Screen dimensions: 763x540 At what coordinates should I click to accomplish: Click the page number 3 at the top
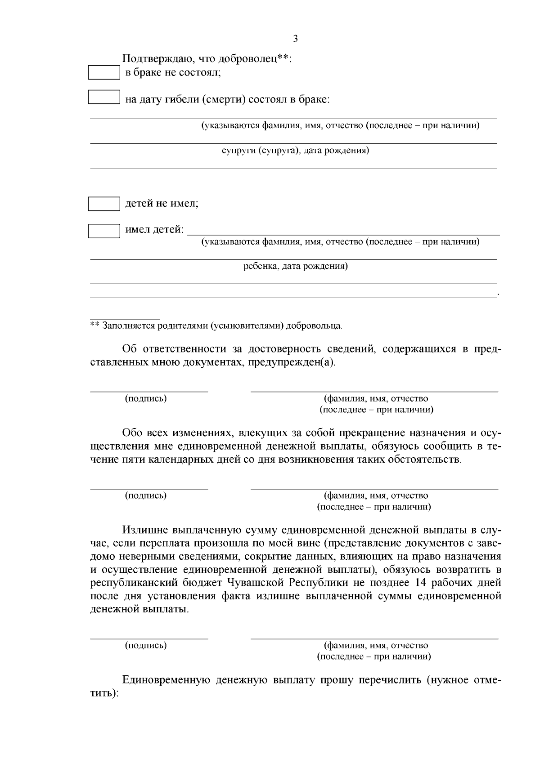295,39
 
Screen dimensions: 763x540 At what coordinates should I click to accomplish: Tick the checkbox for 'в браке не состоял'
103,73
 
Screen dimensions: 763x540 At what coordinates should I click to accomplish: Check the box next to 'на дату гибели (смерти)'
103,98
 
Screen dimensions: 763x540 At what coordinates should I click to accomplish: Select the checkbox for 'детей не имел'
103,204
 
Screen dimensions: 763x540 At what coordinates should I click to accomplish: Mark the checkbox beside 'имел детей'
103,231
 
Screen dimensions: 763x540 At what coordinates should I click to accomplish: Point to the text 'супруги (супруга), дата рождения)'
295,151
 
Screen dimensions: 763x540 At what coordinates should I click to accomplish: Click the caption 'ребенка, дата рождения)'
295,266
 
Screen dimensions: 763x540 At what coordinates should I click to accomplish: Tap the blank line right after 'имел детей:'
342,233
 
